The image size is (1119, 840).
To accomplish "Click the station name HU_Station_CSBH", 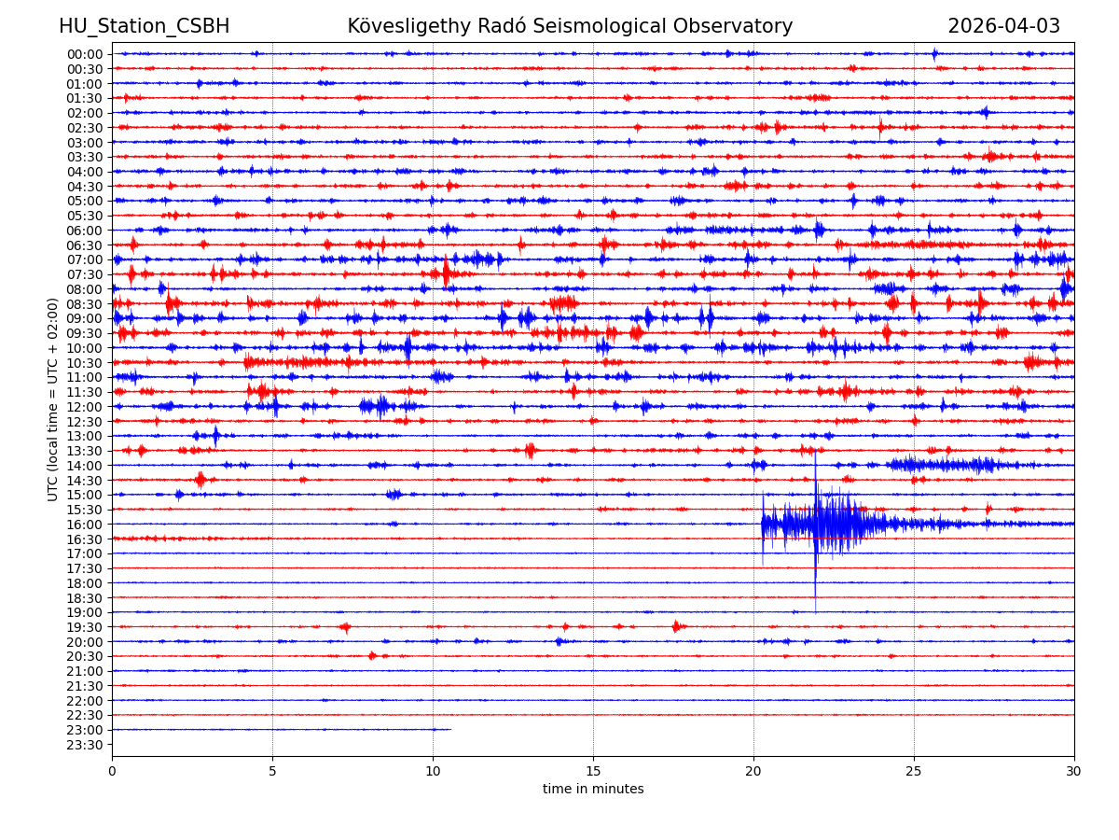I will click(x=144, y=26).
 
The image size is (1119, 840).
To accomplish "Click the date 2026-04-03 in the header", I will click(x=1003, y=26).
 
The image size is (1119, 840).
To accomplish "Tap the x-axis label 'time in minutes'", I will click(x=593, y=790).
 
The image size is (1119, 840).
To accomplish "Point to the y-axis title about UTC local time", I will click(x=53, y=399).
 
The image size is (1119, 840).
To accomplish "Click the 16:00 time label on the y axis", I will click(x=84, y=525).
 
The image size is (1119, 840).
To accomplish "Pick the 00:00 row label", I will click(x=84, y=54).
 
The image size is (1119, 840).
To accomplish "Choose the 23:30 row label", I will click(x=84, y=745).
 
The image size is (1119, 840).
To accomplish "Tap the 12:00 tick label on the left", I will click(x=84, y=407).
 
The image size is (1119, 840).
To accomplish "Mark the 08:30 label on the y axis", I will click(x=84, y=304).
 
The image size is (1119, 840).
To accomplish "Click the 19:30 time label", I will click(x=84, y=627).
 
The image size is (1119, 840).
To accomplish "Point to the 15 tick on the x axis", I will click(x=593, y=772).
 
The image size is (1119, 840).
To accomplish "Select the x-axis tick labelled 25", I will click(x=914, y=772).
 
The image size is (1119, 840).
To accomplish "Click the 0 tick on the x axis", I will click(x=112, y=772).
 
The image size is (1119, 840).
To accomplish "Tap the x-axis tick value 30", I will click(x=1074, y=772).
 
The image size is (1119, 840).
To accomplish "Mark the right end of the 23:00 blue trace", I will click(x=450, y=730).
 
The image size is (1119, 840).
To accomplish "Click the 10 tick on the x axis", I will click(x=433, y=772).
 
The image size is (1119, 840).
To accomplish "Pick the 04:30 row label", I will click(x=84, y=187).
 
